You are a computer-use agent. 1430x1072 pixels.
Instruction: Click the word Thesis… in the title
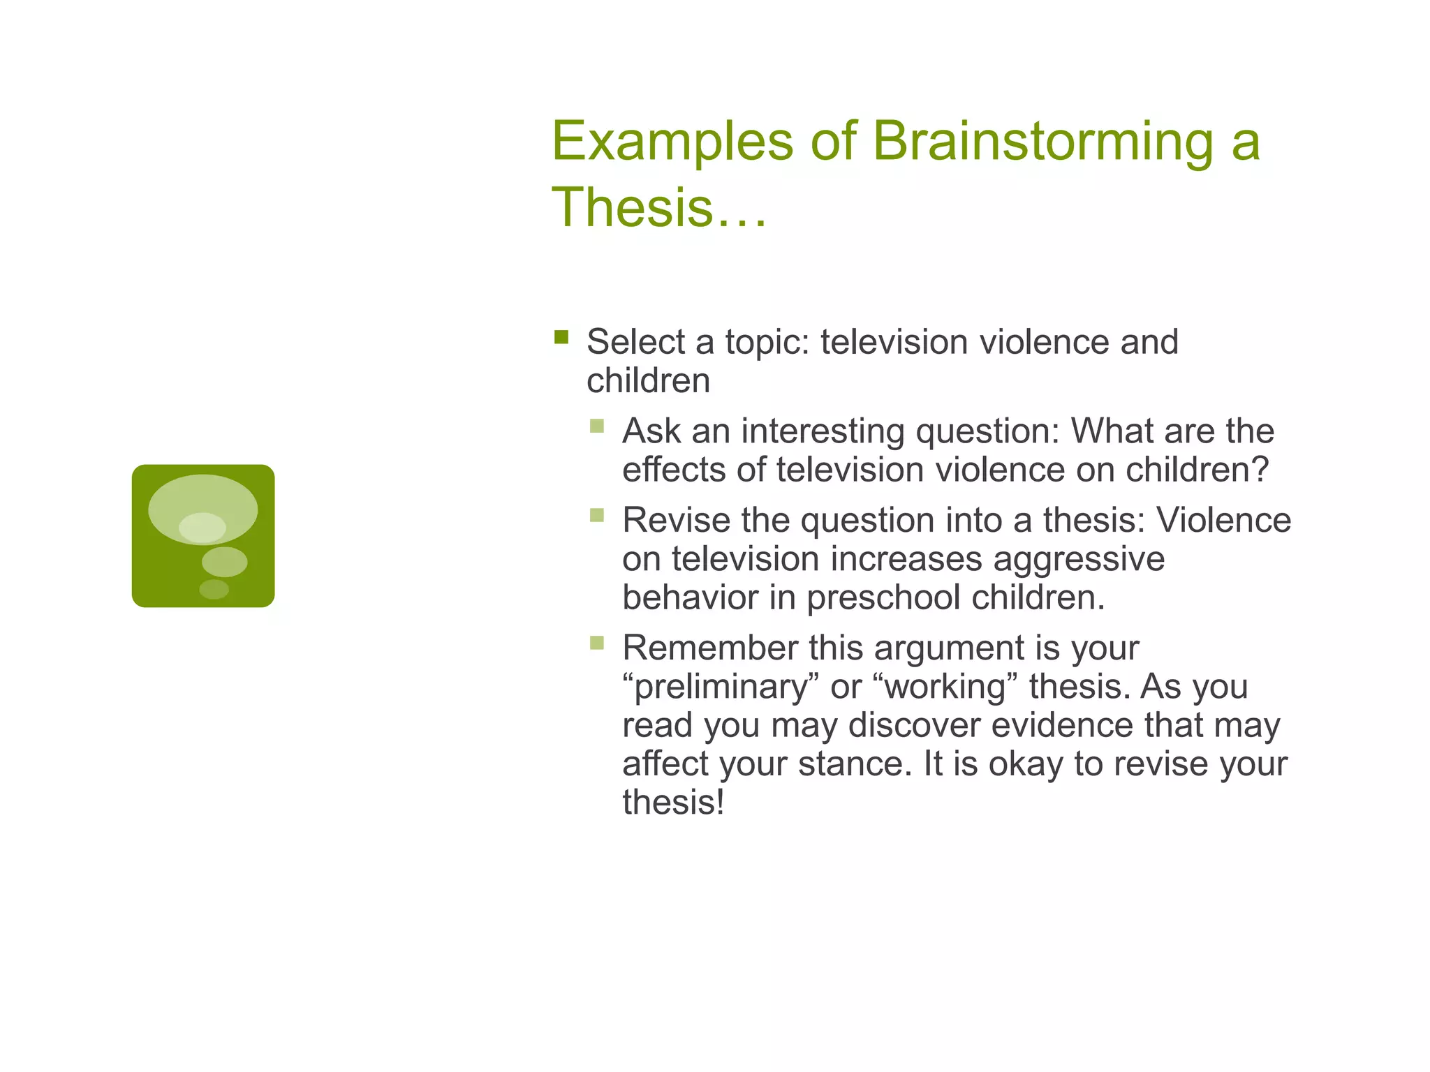[659, 208]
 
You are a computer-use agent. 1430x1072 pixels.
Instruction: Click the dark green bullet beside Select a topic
[561, 338]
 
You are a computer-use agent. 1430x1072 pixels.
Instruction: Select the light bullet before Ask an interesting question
[596, 426]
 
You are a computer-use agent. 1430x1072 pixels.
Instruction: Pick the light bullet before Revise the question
[596, 515]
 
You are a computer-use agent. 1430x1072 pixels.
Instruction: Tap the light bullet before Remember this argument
[596, 643]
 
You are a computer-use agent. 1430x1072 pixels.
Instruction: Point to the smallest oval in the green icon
[214, 589]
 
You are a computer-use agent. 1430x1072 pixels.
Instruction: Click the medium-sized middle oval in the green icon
[224, 562]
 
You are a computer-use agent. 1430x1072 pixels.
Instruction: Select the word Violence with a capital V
[1223, 521]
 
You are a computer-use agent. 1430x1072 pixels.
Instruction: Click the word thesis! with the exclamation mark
[673, 803]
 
